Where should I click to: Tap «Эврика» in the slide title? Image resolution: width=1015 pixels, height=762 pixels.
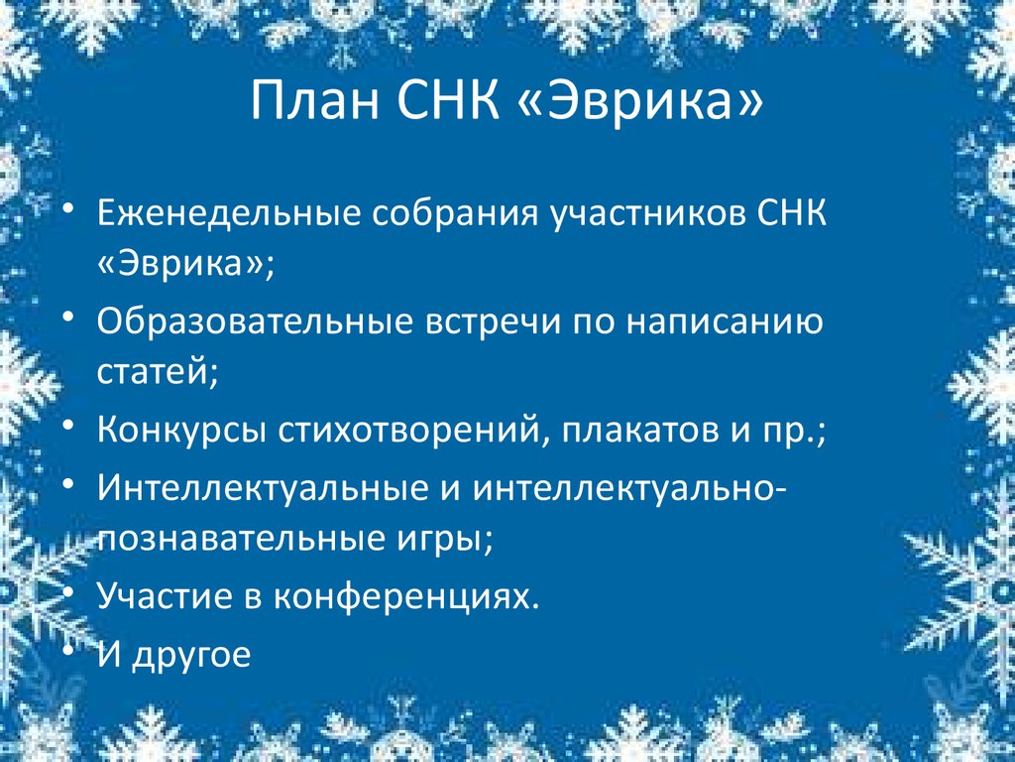640,102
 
